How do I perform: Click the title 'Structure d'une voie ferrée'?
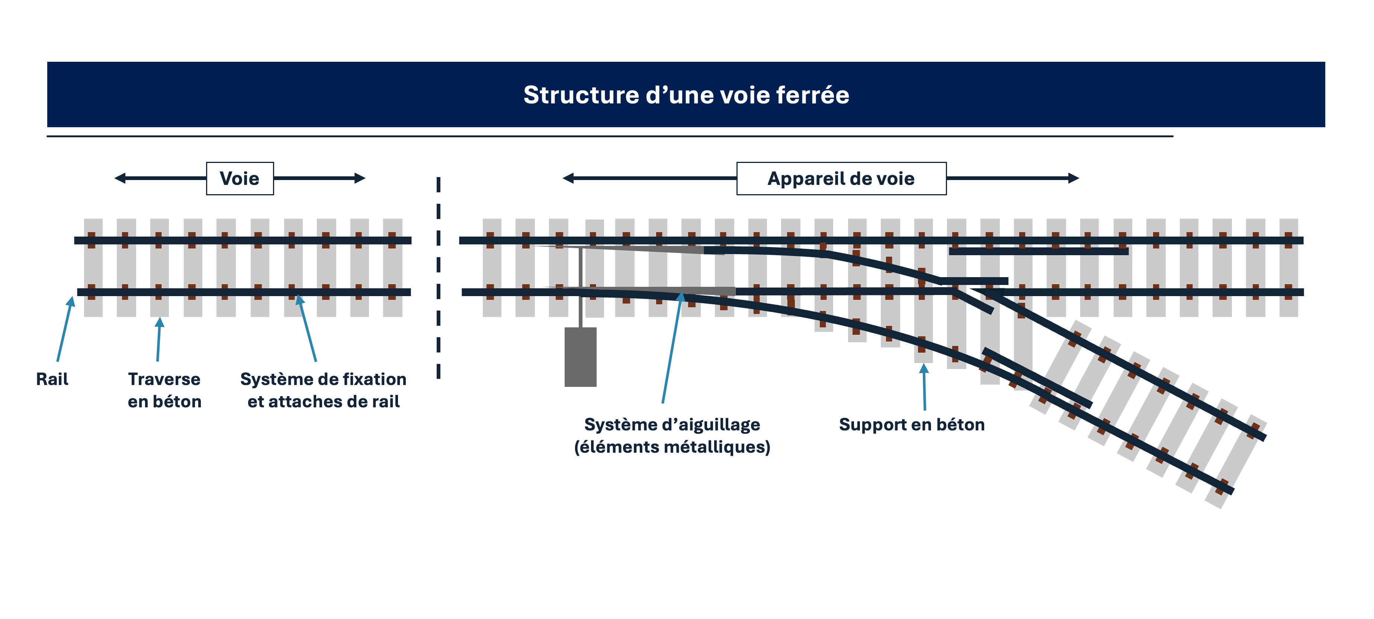point(686,95)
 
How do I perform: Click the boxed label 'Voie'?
point(240,178)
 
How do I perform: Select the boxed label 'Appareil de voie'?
point(841,178)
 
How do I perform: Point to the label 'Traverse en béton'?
point(164,390)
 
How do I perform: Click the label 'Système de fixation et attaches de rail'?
point(323,390)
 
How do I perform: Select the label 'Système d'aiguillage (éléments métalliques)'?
point(672,436)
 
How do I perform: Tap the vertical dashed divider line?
point(439,278)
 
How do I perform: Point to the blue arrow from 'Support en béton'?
point(924,387)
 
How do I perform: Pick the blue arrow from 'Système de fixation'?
point(308,328)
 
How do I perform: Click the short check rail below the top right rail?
point(1038,251)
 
